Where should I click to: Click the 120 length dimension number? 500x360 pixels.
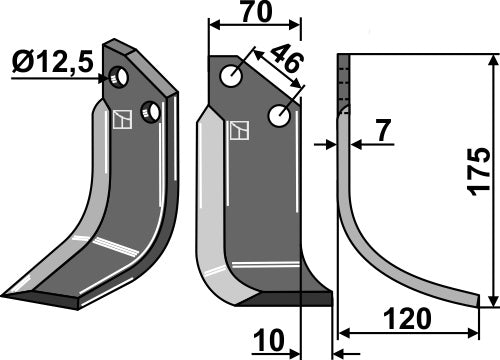[x=407, y=318]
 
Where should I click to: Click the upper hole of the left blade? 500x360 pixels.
[x=120, y=76]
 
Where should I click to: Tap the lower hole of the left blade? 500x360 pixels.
[x=150, y=109]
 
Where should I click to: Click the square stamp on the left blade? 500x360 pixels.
[x=121, y=119]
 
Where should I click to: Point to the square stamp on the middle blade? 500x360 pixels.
[x=240, y=131]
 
